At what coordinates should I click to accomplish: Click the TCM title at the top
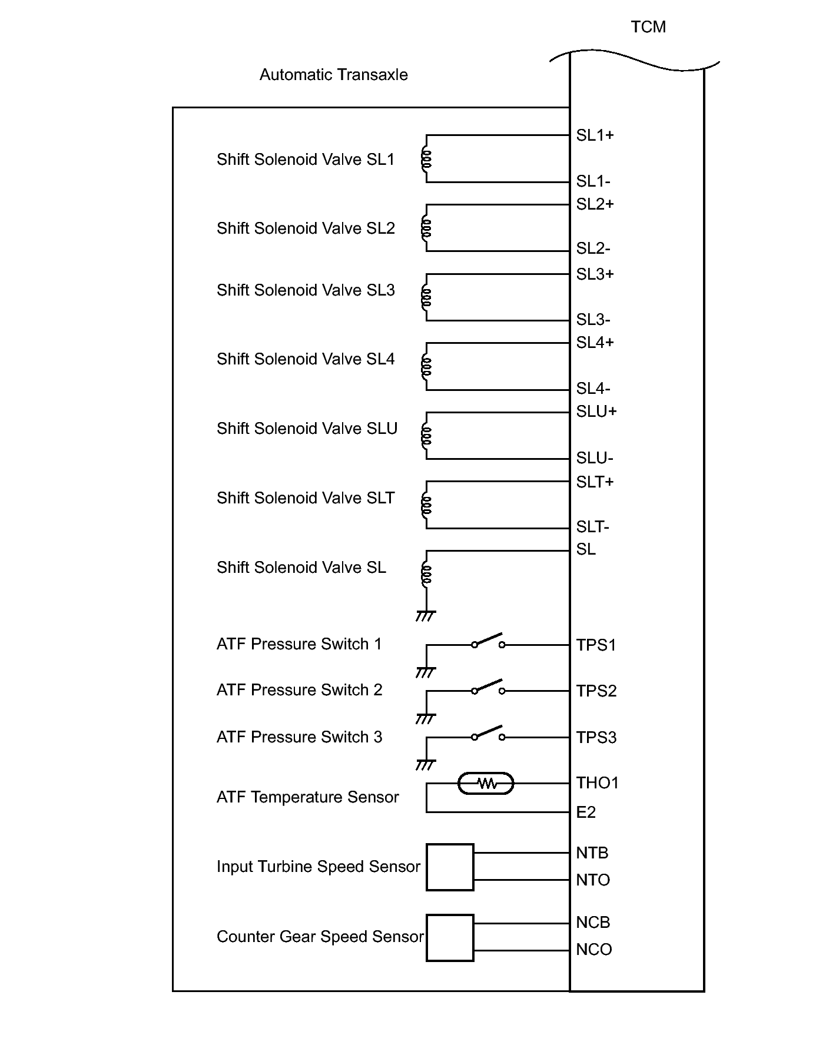click(648, 27)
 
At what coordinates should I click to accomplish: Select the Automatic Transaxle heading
click(333, 75)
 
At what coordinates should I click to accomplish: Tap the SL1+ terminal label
click(595, 135)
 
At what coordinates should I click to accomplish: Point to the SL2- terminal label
click(593, 248)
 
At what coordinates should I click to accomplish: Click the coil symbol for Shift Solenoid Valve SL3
click(426, 297)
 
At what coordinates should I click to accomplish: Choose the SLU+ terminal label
click(596, 412)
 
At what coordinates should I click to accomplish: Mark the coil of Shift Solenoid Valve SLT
click(426, 505)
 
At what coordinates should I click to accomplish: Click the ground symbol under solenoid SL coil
click(425, 616)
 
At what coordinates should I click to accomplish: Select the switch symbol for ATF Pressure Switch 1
click(488, 641)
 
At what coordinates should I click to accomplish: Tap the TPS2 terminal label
click(596, 691)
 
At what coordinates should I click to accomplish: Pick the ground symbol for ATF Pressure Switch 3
click(425, 765)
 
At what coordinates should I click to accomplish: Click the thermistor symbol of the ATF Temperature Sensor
click(486, 784)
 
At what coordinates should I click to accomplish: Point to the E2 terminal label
click(586, 813)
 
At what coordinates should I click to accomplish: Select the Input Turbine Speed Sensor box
click(450, 867)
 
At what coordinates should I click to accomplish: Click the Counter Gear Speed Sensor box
click(450, 937)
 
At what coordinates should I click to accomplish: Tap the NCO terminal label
click(593, 950)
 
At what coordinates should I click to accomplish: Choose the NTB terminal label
click(592, 853)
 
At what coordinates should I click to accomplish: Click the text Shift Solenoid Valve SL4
click(306, 359)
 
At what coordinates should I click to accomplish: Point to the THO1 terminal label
click(597, 783)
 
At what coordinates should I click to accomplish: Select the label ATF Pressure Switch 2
click(299, 690)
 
